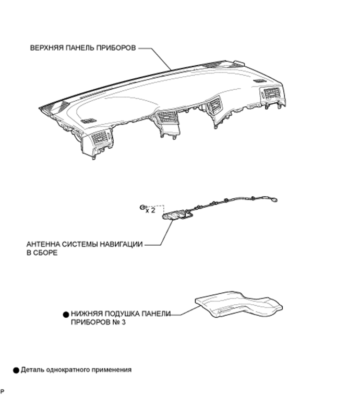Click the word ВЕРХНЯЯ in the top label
pyautogui.click(x=47, y=48)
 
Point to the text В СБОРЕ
pyautogui.click(x=42, y=253)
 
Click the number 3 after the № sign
pyautogui.click(x=124, y=322)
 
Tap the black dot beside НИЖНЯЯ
pyautogui.click(x=66, y=315)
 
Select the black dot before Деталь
pyautogui.click(x=16, y=370)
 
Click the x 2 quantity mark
pyautogui.click(x=150, y=210)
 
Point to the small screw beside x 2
pyautogui.click(x=142, y=207)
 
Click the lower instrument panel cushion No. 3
pyautogui.click(x=238, y=304)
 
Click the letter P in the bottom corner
pyautogui.click(x=2, y=391)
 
